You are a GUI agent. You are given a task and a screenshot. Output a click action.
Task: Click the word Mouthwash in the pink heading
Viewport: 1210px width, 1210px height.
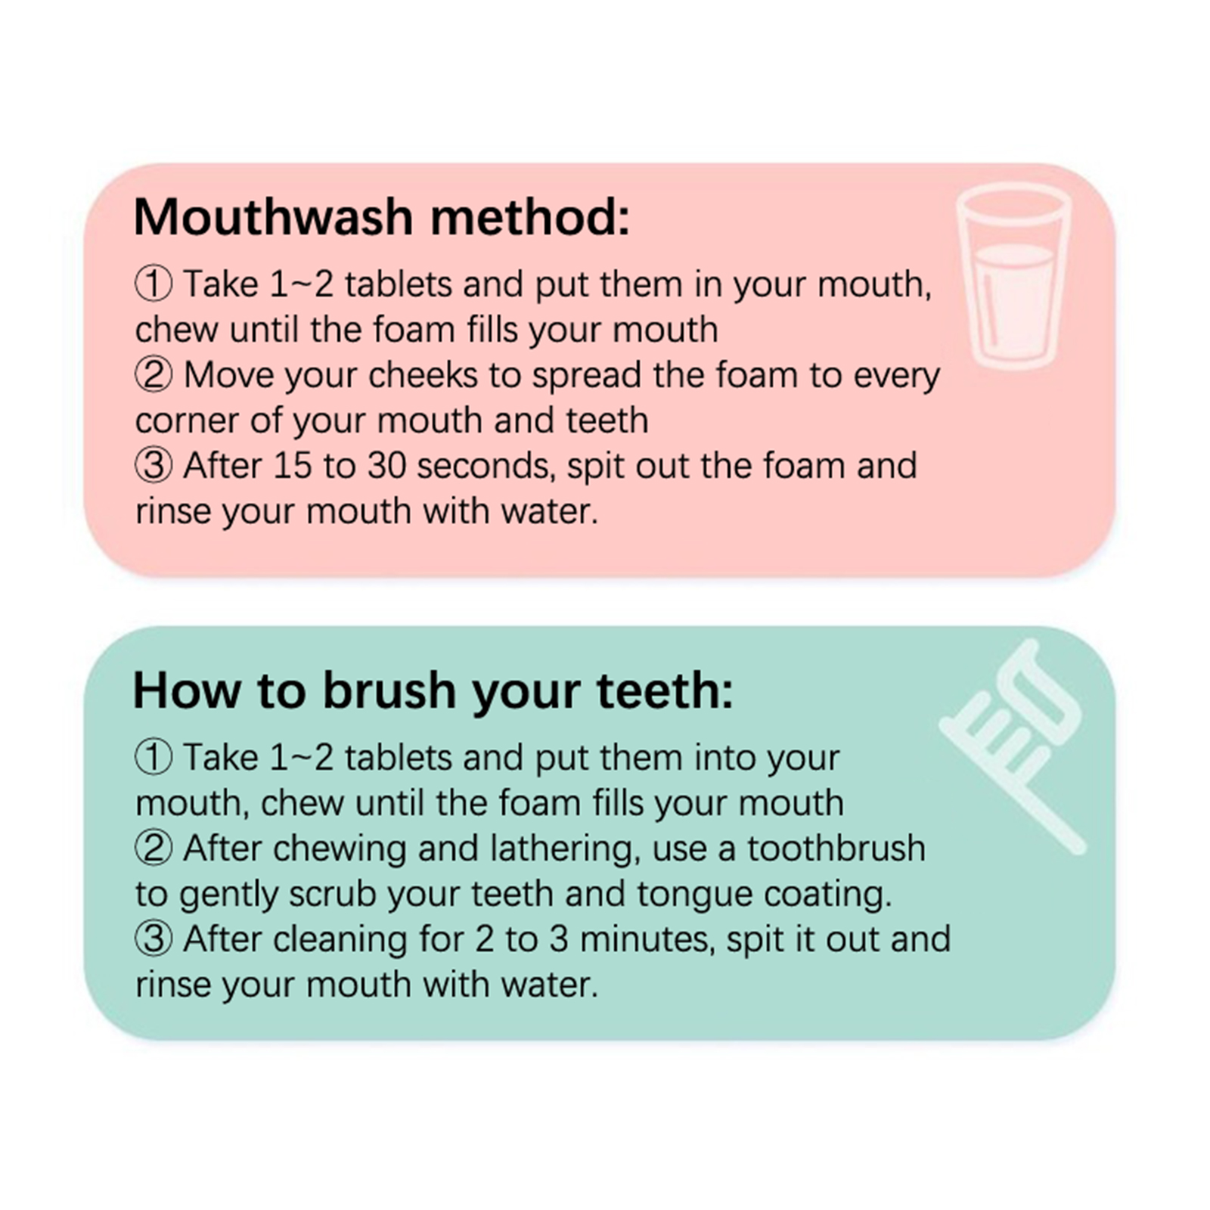tap(273, 217)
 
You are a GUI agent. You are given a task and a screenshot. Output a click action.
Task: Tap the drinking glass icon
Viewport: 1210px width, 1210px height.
tap(1013, 279)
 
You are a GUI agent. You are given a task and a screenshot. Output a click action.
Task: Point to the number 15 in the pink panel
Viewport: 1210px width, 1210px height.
tap(293, 466)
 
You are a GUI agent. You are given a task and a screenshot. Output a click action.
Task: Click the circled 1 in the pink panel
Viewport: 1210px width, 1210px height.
tap(154, 284)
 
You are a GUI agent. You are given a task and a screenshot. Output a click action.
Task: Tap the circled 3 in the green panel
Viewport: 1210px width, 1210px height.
tap(154, 939)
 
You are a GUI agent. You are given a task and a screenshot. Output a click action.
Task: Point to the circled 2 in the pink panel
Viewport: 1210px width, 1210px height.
tap(154, 375)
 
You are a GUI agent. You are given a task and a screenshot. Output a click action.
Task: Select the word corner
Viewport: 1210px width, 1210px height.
tap(187, 422)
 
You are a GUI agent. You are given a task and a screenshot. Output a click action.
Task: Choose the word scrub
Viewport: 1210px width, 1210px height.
tap(333, 894)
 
